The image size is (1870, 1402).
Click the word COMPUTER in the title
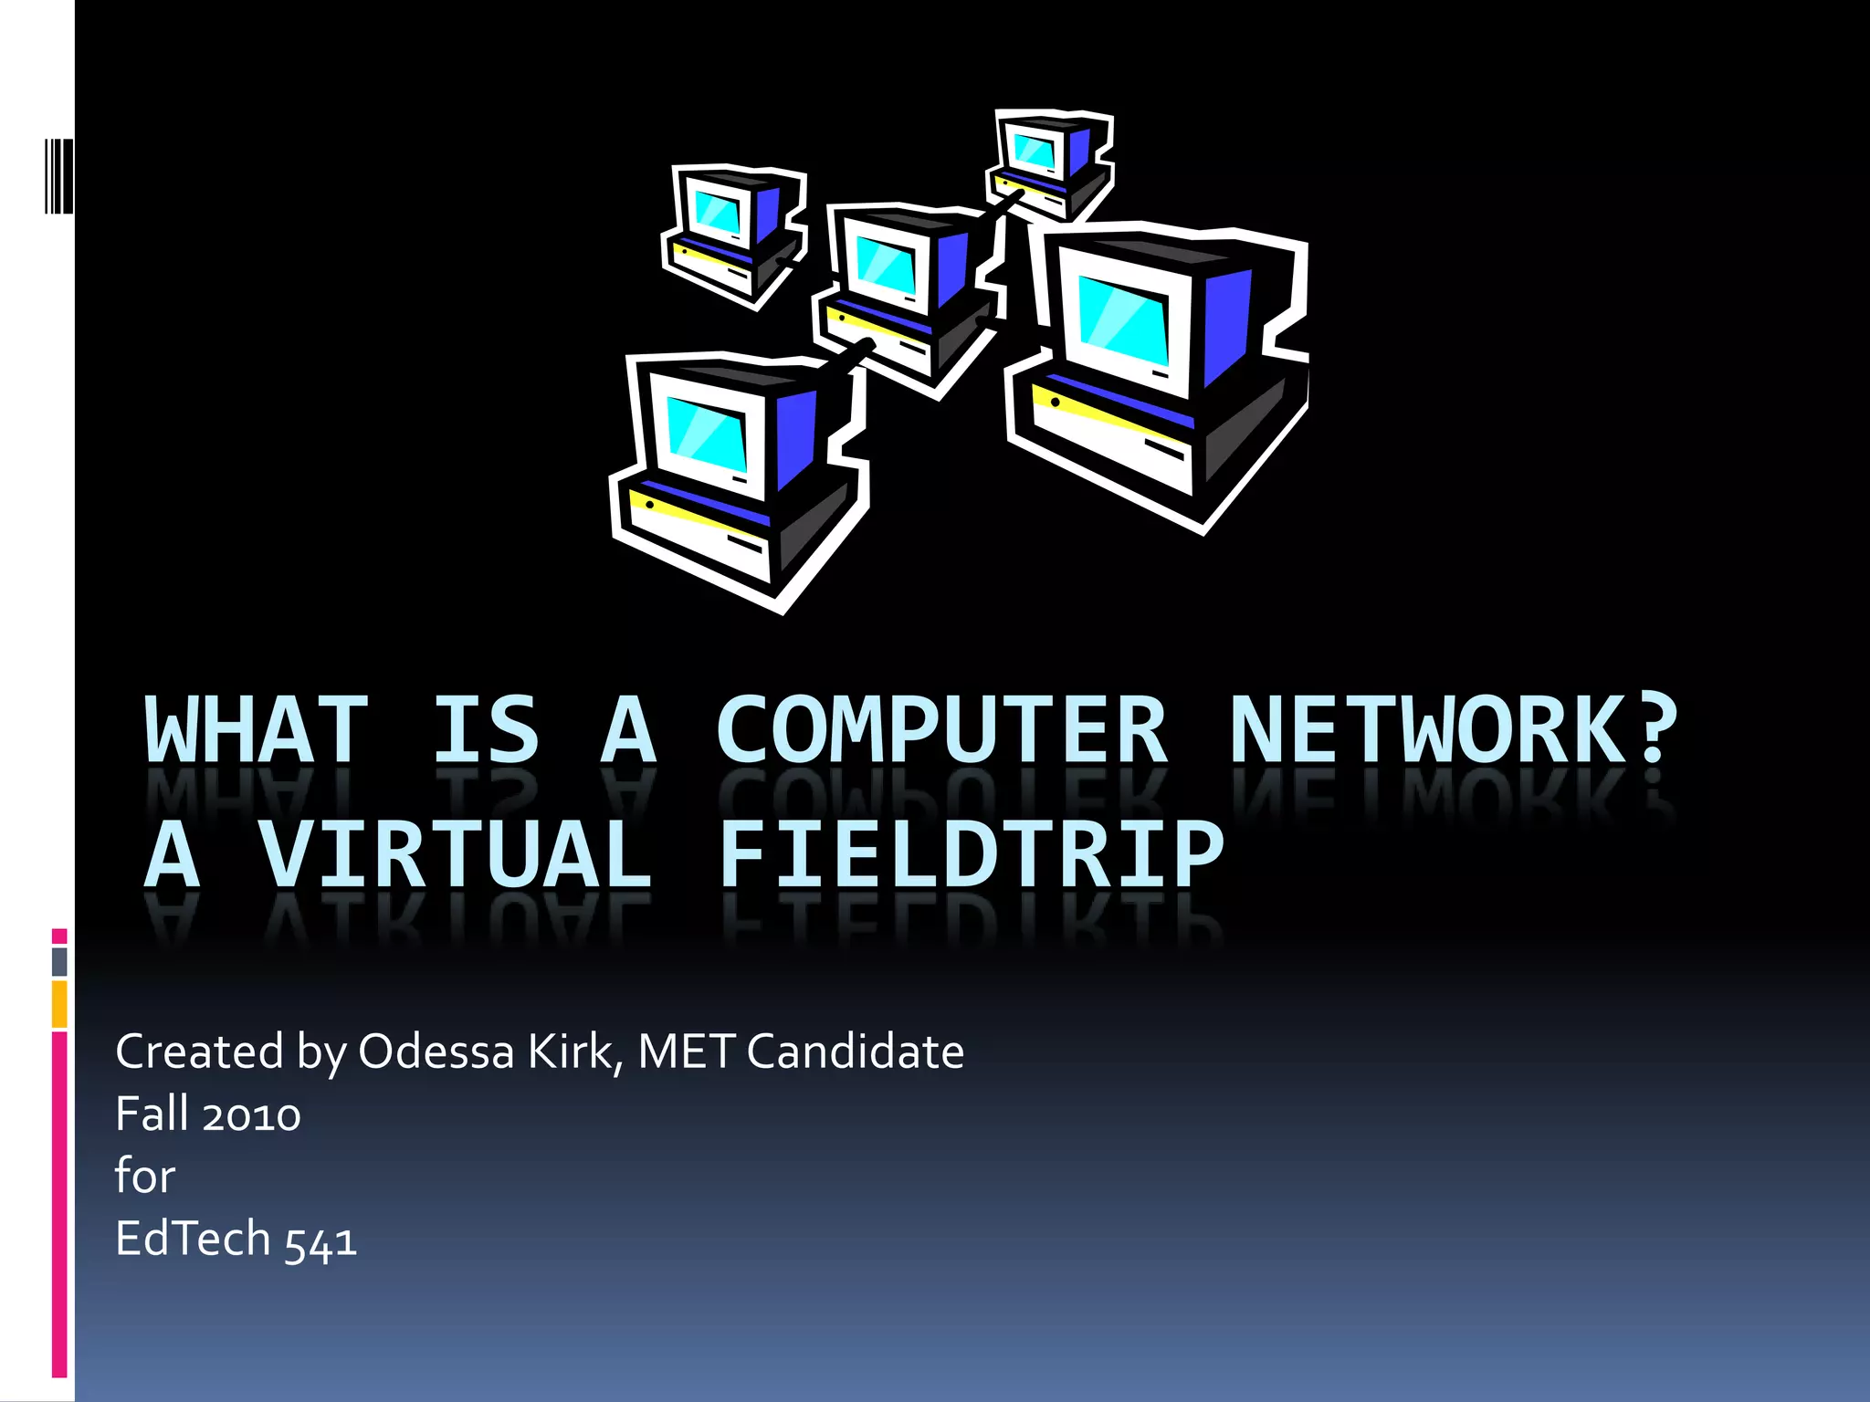pyautogui.click(x=941, y=730)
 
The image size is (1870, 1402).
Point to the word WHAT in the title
pyautogui.click(x=257, y=730)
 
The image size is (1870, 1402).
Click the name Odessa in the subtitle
pyautogui.click(x=436, y=1051)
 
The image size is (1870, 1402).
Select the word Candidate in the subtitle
pyautogui.click(x=855, y=1051)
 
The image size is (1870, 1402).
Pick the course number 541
pyautogui.click(x=320, y=1241)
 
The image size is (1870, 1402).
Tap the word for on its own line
pyautogui.click(x=144, y=1176)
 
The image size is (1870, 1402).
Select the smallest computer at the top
pyautogui.click(x=1050, y=164)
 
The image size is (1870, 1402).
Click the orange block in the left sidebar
pyautogui.click(x=59, y=1004)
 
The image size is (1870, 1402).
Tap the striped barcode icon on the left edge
pyautogui.click(x=58, y=175)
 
